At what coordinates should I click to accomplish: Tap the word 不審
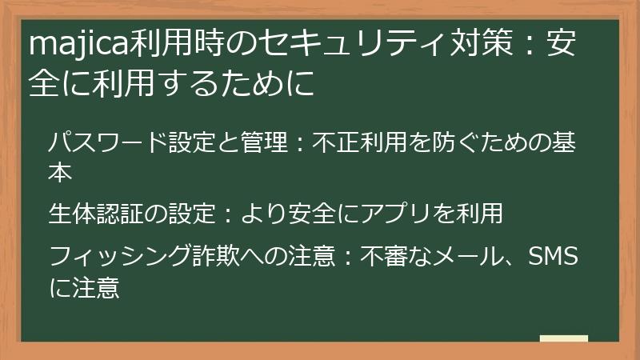(x=384, y=258)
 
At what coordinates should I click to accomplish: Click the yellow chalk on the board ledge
(x=564, y=338)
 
